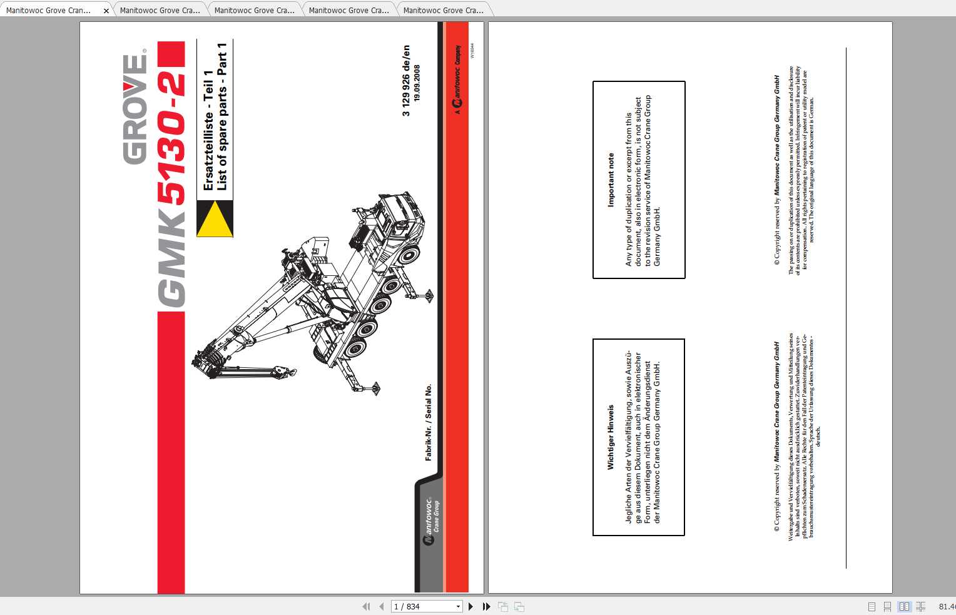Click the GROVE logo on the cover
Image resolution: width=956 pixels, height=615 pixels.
tap(135, 109)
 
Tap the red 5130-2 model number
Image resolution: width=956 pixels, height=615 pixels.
tap(171, 138)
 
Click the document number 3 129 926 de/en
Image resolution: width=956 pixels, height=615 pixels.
tap(406, 80)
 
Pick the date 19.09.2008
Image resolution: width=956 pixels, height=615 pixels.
tap(417, 83)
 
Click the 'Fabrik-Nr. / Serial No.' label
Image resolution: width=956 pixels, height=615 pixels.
tap(429, 422)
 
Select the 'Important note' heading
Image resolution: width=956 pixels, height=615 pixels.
tap(611, 180)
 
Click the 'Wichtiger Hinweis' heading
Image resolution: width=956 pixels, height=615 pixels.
tap(611, 437)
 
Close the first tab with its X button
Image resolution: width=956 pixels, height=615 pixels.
tap(106, 11)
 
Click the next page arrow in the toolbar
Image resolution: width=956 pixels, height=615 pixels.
tap(471, 606)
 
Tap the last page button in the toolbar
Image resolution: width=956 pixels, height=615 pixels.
tap(486, 606)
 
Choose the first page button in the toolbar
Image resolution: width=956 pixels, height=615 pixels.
tap(366, 606)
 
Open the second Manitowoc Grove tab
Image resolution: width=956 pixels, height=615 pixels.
tap(160, 11)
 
